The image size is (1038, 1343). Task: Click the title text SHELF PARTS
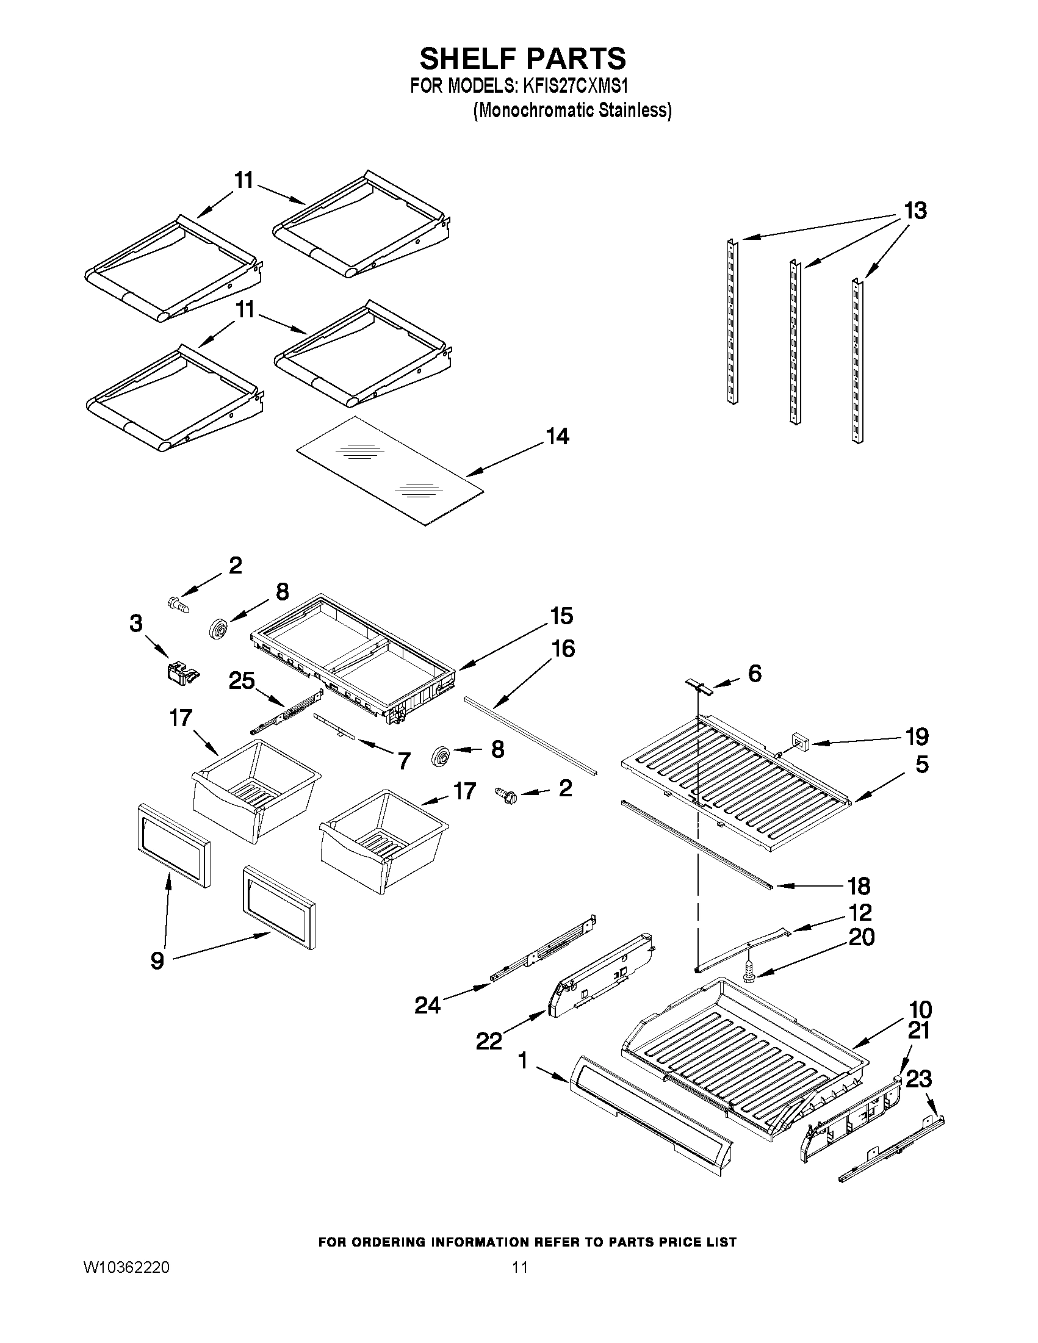point(523,59)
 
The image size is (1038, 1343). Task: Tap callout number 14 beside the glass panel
point(557,437)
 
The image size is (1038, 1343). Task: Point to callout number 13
point(915,211)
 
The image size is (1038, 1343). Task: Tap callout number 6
point(754,674)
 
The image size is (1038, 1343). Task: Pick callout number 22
point(489,1041)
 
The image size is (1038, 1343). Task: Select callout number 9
point(157,960)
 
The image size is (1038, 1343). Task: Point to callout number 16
point(563,648)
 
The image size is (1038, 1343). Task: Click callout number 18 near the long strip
point(859,886)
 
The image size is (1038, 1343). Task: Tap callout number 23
point(919,1079)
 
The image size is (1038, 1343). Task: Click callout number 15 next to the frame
point(562,616)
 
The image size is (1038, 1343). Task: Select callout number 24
point(427,1006)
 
